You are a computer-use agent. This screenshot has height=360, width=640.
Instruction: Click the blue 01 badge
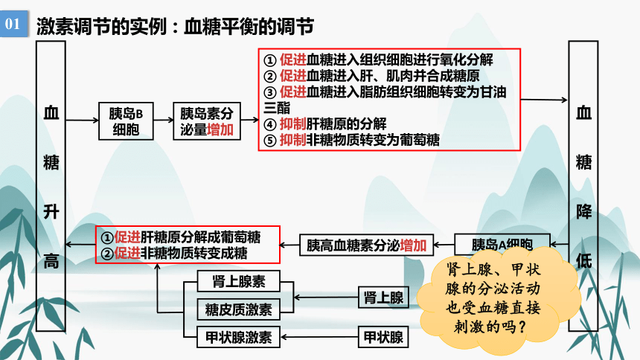(14, 24)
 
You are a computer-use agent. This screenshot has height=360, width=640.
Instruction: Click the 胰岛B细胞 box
(126, 121)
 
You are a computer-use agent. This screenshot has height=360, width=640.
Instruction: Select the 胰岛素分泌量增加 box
(207, 121)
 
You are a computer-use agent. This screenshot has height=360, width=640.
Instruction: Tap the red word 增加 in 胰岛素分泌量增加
(220, 130)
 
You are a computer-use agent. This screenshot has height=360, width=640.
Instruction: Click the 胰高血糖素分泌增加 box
(367, 245)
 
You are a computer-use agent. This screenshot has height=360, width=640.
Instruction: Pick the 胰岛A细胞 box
(502, 243)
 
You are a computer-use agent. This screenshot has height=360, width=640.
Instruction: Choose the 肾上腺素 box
(239, 281)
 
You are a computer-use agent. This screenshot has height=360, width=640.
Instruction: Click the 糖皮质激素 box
(239, 309)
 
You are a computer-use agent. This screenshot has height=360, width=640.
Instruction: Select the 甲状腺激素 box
(239, 337)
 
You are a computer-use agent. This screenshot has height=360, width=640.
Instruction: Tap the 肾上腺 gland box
(384, 297)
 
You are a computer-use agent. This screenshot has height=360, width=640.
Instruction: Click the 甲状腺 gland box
(384, 337)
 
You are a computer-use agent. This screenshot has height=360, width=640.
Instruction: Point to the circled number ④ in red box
(270, 124)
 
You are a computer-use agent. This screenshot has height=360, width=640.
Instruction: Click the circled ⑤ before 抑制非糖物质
(270, 141)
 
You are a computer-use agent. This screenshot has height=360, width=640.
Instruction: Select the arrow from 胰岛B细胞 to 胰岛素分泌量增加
(164, 120)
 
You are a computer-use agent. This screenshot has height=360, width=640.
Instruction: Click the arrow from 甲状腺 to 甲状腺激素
(319, 337)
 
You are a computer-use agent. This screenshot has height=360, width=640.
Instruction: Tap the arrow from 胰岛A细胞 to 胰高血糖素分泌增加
(444, 245)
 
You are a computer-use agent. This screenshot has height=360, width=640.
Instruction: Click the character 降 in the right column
(583, 212)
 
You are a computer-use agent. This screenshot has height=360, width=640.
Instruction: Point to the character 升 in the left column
(51, 212)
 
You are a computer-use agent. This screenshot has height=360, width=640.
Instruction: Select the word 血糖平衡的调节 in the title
(249, 27)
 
